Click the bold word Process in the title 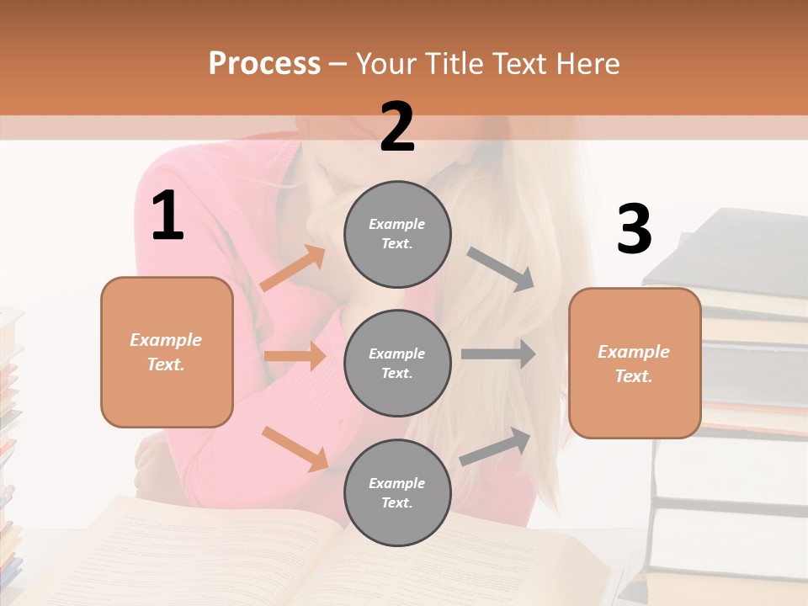[x=264, y=64]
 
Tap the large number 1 [x=167, y=216]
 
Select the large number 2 [x=397, y=127]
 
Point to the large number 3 [x=634, y=229]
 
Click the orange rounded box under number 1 [x=167, y=352]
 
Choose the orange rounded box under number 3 [x=635, y=364]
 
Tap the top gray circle [x=397, y=234]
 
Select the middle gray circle [x=397, y=364]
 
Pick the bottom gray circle [x=397, y=493]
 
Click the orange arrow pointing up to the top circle [x=293, y=268]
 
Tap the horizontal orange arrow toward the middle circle [x=295, y=356]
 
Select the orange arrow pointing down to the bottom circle [x=295, y=448]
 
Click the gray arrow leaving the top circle [x=501, y=268]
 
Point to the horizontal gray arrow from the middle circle [x=498, y=354]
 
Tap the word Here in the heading [x=589, y=64]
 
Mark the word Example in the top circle [x=397, y=224]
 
